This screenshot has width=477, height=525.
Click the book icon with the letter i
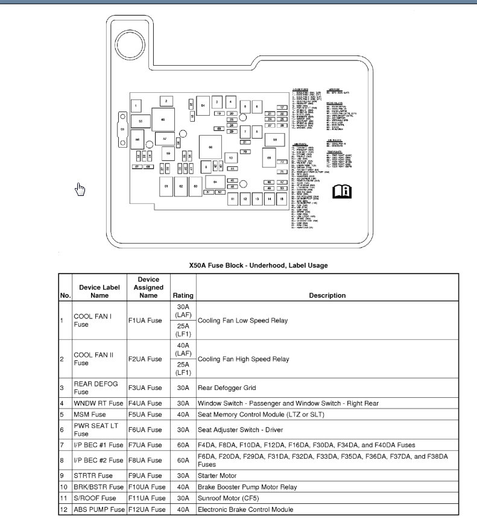pyautogui.click(x=342, y=192)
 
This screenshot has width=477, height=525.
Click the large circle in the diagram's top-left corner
pyautogui.click(x=128, y=43)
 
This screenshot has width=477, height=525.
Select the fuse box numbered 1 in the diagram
pyautogui.click(x=137, y=106)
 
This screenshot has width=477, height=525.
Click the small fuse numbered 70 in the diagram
pyautogui.click(x=245, y=152)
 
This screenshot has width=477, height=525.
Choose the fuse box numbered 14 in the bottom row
pyautogui.click(x=270, y=198)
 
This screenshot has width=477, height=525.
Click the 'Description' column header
pyautogui.click(x=327, y=295)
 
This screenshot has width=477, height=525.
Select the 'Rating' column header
pyautogui.click(x=183, y=295)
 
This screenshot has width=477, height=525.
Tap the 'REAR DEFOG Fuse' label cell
pyautogui.click(x=96, y=388)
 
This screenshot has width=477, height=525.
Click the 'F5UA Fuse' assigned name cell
pyautogui.click(x=145, y=414)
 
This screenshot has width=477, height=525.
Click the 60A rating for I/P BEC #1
pyautogui.click(x=183, y=445)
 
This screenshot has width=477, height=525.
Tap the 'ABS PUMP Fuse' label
pyautogui.click(x=99, y=510)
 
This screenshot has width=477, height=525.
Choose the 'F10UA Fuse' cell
pyautogui.click(x=147, y=487)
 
